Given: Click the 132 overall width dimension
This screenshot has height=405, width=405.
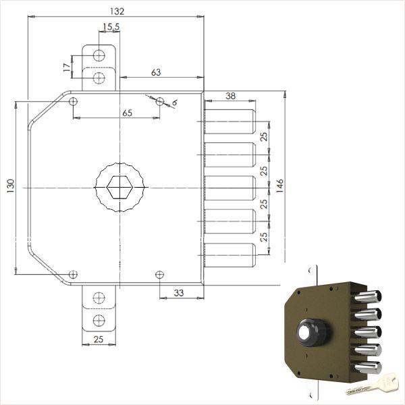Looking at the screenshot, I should [116, 11].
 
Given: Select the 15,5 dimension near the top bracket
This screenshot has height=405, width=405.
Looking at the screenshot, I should [111, 28].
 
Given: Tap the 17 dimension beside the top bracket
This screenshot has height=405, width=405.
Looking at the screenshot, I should [65, 67].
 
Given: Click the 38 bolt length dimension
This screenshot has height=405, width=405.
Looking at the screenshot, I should [230, 97].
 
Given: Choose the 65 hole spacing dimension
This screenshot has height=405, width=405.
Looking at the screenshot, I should [127, 113].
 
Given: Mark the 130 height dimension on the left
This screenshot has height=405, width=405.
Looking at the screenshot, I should [10, 188].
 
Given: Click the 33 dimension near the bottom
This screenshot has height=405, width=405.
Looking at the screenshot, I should [179, 292].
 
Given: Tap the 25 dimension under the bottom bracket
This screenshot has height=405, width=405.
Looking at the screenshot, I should [99, 339].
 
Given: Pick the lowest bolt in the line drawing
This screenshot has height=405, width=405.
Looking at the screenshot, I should [230, 254].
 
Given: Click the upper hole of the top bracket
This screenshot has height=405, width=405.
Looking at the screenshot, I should [99, 55].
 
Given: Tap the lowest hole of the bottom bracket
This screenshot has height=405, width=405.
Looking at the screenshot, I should [99, 320].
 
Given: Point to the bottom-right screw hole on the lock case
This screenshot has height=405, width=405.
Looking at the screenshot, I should [159, 275].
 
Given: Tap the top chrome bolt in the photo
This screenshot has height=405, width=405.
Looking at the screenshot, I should [368, 298].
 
